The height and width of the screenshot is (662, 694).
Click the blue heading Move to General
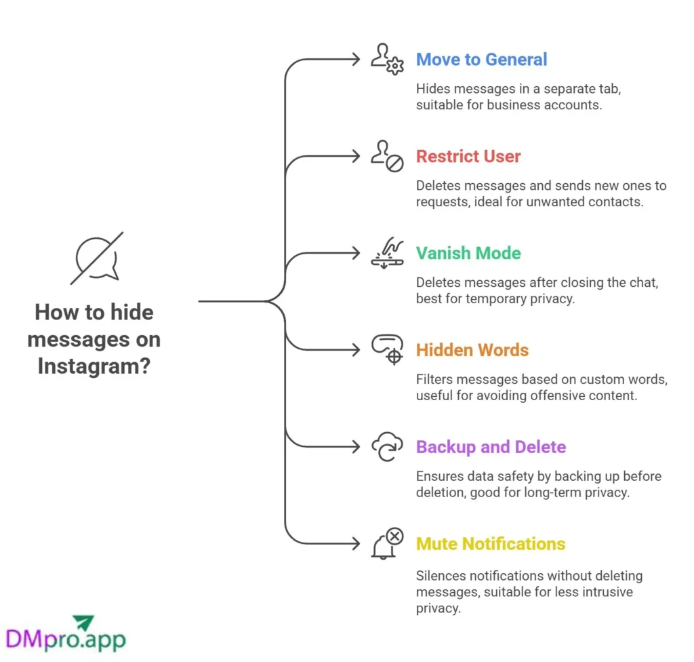click(x=481, y=60)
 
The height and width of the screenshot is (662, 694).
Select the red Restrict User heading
click(x=468, y=157)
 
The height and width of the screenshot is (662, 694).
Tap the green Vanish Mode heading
click(x=468, y=254)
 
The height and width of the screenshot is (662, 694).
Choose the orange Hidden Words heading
click(x=472, y=350)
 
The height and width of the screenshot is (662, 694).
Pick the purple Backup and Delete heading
click(x=491, y=447)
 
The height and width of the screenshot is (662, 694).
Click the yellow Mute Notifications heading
click(x=491, y=544)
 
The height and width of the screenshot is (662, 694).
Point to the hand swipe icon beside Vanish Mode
click(x=387, y=253)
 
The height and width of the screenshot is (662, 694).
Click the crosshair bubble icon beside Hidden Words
click(x=387, y=350)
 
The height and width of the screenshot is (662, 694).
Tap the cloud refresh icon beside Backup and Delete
click(x=387, y=447)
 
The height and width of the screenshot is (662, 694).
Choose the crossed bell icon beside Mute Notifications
click(x=387, y=543)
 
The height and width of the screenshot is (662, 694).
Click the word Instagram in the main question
click(x=94, y=366)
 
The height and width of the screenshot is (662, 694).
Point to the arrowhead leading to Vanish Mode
click(x=356, y=253)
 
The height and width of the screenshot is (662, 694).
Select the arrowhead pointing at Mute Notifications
click(x=356, y=543)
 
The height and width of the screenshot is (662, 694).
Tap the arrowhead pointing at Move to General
click(x=356, y=60)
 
